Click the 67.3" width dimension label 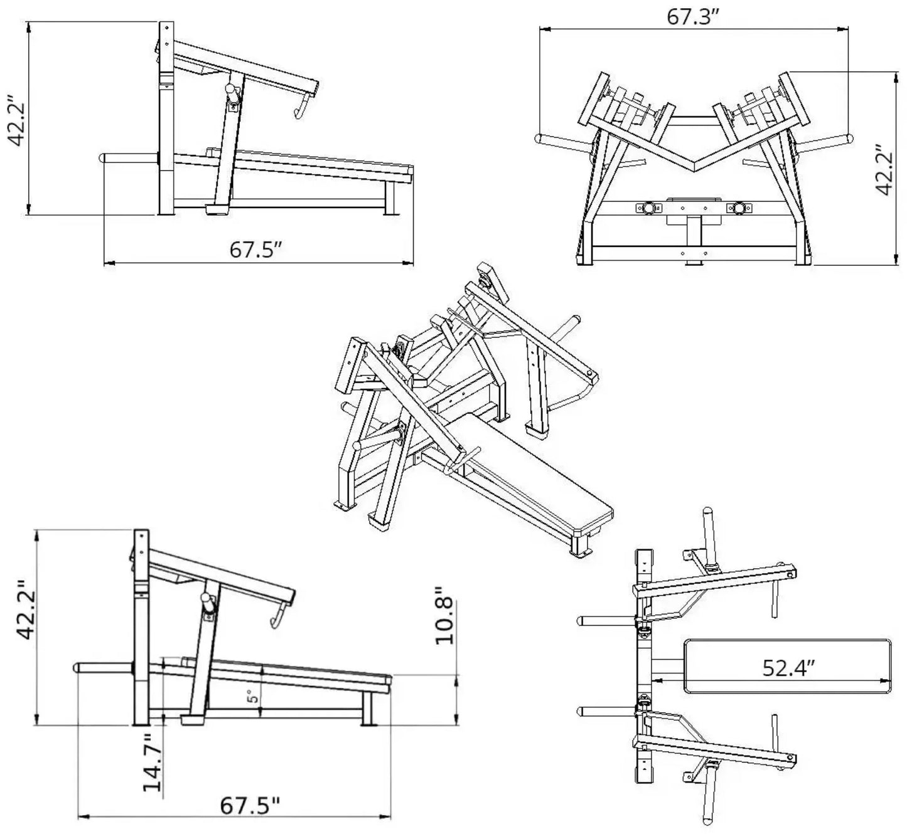coord(692,18)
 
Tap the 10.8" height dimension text coord(444,616)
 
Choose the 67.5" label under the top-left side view coord(255,250)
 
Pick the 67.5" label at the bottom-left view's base coord(249,806)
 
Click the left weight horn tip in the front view coord(540,139)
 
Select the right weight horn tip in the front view coord(849,138)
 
